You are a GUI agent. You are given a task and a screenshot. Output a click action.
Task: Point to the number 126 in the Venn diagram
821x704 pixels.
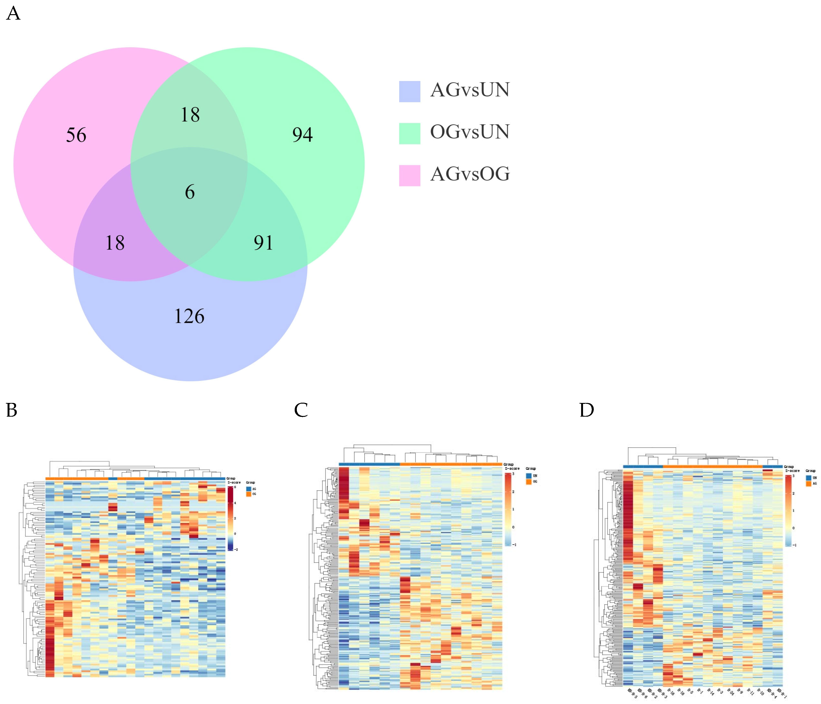[189, 316]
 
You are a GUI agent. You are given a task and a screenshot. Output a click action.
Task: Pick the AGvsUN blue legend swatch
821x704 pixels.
[409, 91]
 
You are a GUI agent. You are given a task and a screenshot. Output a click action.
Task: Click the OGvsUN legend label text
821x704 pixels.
[470, 132]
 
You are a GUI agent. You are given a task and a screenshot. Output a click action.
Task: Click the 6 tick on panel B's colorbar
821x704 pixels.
[235, 487]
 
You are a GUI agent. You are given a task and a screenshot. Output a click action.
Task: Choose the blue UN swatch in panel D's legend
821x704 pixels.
[808, 478]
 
